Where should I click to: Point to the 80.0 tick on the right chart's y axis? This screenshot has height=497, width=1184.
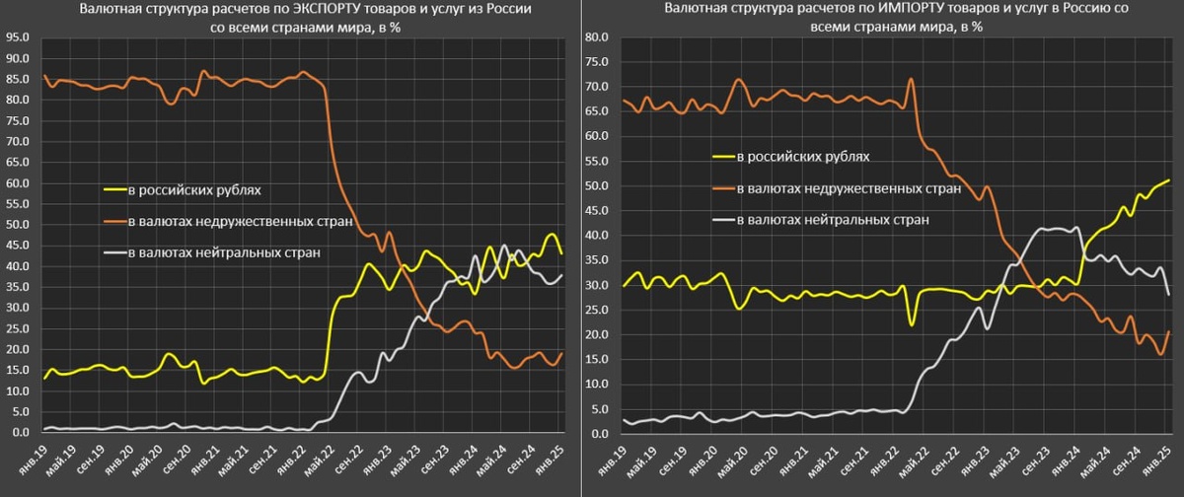[597, 37]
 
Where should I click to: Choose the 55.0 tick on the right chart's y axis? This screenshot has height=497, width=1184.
[597, 162]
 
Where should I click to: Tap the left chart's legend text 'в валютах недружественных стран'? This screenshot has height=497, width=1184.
[240, 221]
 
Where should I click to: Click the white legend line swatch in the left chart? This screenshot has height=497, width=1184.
[115, 253]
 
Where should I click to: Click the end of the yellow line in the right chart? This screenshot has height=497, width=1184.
[1169, 180]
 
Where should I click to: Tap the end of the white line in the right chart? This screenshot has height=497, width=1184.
[1169, 294]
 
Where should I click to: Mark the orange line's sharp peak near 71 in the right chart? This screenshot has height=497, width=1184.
[911, 79]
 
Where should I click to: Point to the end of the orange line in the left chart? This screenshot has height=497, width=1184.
[562, 353]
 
